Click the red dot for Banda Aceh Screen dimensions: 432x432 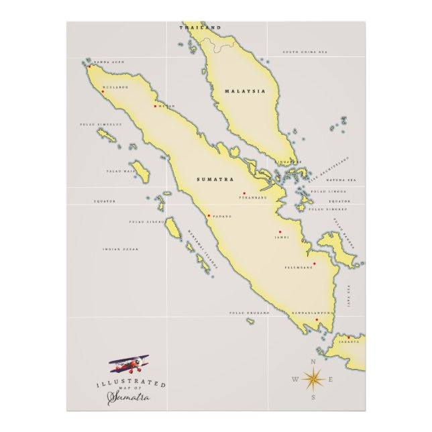(x=89, y=66)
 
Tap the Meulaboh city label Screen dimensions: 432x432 (x=116, y=87)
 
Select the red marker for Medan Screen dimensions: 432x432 (x=155, y=106)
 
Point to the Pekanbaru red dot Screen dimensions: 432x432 (x=244, y=193)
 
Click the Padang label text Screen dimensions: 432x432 (x=222, y=216)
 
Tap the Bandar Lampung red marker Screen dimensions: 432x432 (x=317, y=320)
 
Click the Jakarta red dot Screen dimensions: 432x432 (x=348, y=337)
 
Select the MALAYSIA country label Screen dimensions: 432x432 (x=245, y=91)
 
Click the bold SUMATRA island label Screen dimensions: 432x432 (x=215, y=180)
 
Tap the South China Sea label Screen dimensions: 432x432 (x=305, y=52)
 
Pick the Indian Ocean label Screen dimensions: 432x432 (x=121, y=250)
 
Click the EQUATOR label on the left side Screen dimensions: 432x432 (x=105, y=201)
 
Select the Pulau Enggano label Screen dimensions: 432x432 (x=249, y=313)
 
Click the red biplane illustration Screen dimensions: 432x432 (x=129, y=366)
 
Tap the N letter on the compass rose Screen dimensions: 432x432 (x=313, y=362)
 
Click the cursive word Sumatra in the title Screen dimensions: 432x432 (x=129, y=398)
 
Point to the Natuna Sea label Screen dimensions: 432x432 (x=341, y=180)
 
